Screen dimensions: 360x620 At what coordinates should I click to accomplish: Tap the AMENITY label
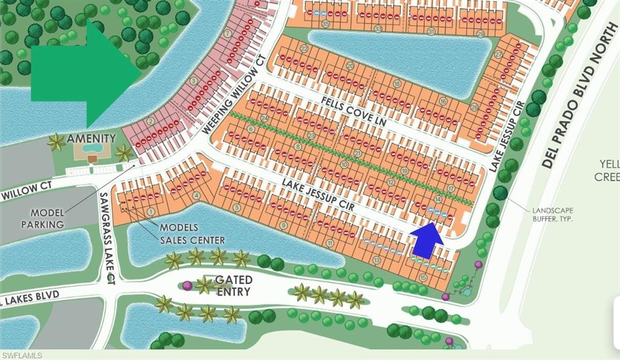click(x=91, y=139)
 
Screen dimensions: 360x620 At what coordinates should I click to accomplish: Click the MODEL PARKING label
click(x=42, y=218)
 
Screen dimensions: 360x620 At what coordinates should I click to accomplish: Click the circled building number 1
click(x=150, y=211)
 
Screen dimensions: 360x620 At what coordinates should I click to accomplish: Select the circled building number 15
click(x=423, y=277)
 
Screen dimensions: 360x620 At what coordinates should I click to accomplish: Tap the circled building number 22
click(x=303, y=49)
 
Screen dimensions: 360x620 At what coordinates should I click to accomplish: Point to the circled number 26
click(x=473, y=107)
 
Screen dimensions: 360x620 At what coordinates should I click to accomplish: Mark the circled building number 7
click(x=228, y=33)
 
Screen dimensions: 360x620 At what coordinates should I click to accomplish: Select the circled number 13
click(x=377, y=260)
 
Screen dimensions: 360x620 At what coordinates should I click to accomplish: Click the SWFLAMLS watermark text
click(x=22, y=355)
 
